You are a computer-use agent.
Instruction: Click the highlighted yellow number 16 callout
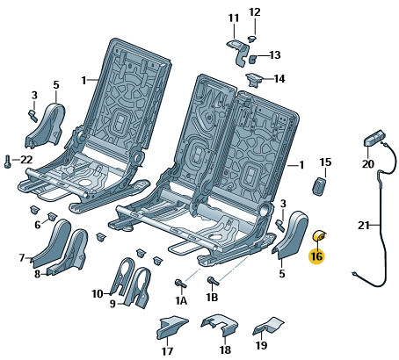pos(316,256)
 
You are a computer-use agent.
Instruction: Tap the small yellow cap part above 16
pos(319,235)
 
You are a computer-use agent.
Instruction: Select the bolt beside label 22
pos(7,162)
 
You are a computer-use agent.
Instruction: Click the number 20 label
pos(368,164)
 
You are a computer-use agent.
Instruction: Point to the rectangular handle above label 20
pos(374,137)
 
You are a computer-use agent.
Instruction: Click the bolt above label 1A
pos(180,283)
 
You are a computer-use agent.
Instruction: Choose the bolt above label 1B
pos(213,281)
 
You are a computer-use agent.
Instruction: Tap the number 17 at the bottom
pos(168,351)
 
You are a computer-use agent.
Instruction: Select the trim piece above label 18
pos(220,325)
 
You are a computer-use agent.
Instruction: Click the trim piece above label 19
pos(268,326)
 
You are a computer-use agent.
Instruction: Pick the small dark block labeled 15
pos(319,186)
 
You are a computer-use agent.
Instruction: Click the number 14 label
pos(279,79)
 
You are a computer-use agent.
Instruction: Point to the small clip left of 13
pos(252,59)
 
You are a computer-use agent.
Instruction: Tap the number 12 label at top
pos(255,12)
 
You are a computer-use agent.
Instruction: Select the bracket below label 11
pos(238,52)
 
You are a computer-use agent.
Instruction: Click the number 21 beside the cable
pos(364,226)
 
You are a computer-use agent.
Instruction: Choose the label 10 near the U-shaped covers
pos(98,293)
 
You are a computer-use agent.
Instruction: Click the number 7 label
pos(22,258)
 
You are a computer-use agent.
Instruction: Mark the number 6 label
pos(38,225)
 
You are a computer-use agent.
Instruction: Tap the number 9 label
pos(112,304)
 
